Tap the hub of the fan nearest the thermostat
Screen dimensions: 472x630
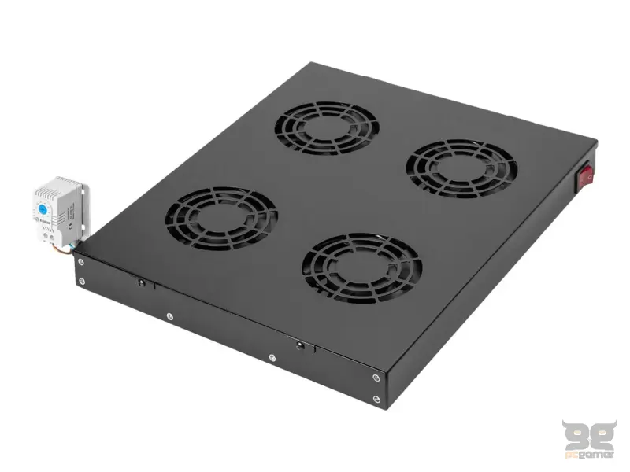pyautogui.click(x=221, y=218)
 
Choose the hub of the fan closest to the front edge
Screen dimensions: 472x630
pyautogui.click(x=361, y=268)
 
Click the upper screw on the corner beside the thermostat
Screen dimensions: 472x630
pyautogui.click(x=81, y=262)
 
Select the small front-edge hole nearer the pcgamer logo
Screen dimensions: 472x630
pyautogui.click(x=300, y=345)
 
